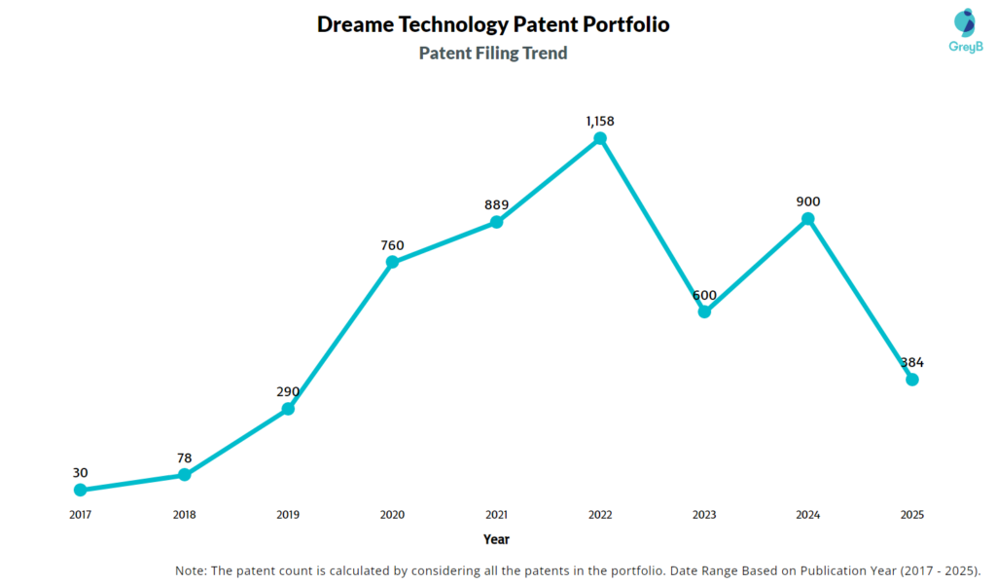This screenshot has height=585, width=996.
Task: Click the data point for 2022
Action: [600, 138]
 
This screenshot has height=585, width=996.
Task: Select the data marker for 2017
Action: [80, 490]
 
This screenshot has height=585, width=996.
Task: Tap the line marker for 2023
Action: [704, 311]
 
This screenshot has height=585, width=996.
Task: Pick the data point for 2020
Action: [392, 262]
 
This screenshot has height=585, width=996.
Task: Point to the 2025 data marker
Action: [912, 379]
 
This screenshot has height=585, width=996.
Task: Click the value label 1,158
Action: [600, 121]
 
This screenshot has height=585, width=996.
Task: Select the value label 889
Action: [496, 204]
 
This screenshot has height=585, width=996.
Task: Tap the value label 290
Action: [288, 391]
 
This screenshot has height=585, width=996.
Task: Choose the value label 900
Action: [808, 201]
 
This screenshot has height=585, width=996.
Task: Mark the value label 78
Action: [184, 457]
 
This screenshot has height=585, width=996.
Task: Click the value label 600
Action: [704, 294]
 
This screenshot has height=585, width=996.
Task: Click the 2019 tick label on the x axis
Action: [288, 514]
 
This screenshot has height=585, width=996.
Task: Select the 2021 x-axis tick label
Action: [496, 514]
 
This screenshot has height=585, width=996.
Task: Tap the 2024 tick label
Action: [808, 514]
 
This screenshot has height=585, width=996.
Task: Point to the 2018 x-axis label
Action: [184, 514]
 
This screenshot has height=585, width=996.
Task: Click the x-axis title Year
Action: [496, 539]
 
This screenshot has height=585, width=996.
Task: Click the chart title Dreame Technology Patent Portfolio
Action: [493, 24]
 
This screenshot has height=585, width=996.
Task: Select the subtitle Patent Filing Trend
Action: [493, 54]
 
